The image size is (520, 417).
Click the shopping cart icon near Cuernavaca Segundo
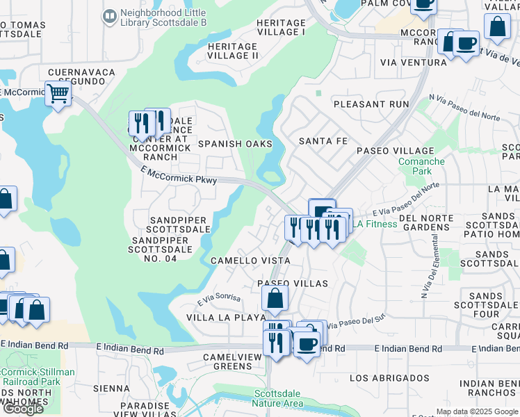coord(58,93)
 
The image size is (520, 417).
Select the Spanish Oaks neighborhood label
coord(235,144)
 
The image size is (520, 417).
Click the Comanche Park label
coord(421,166)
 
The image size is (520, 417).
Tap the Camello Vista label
coord(250,260)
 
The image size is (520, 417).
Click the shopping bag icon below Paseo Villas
coord(275,299)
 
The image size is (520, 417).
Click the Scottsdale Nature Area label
coord(278,398)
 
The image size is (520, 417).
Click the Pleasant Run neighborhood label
coord(371,104)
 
